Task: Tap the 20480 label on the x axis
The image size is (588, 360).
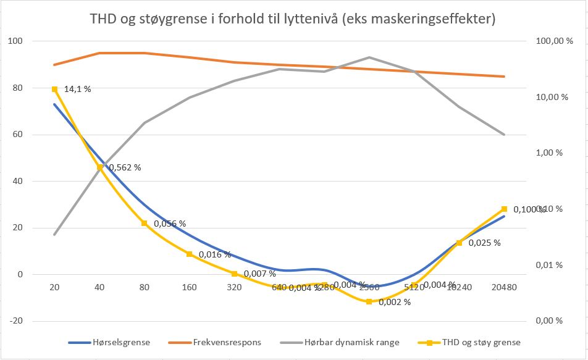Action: (504, 287)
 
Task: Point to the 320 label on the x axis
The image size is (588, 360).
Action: (234, 287)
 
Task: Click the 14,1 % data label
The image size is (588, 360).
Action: (77, 89)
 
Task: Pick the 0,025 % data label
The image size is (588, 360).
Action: (484, 243)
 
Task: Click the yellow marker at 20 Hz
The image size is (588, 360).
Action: (54, 89)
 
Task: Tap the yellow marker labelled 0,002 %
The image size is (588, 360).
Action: (369, 301)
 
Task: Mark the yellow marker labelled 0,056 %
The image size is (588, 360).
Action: (144, 223)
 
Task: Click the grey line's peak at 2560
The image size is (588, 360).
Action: (369, 57)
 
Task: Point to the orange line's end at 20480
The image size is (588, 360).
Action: (504, 77)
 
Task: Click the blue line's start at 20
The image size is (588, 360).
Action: (54, 104)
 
